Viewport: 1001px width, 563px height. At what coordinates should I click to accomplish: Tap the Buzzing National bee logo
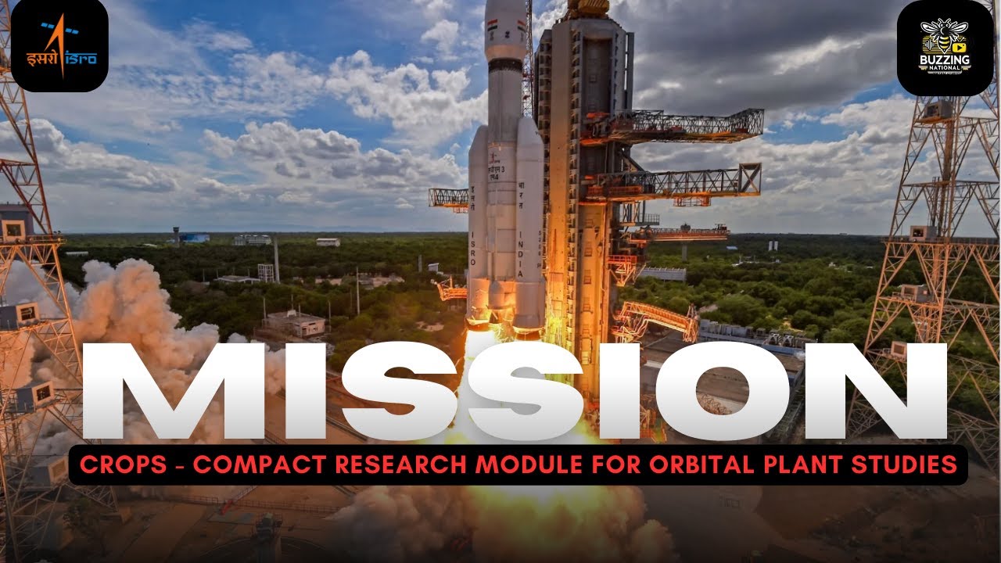tap(945, 47)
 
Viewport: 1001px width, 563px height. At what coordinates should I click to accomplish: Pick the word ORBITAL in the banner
tap(683, 465)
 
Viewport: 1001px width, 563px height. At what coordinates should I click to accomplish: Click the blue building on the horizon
tap(193, 237)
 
